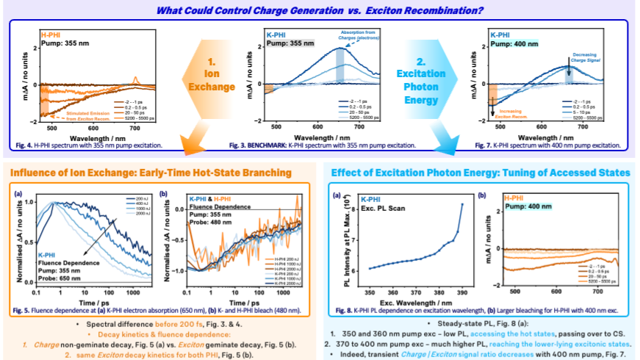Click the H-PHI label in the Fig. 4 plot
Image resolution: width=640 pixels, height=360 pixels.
click(51, 35)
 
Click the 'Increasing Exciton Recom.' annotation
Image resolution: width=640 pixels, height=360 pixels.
click(519, 114)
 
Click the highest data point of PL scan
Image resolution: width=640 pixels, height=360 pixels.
click(461, 204)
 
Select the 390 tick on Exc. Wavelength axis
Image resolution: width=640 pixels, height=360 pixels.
click(461, 292)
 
